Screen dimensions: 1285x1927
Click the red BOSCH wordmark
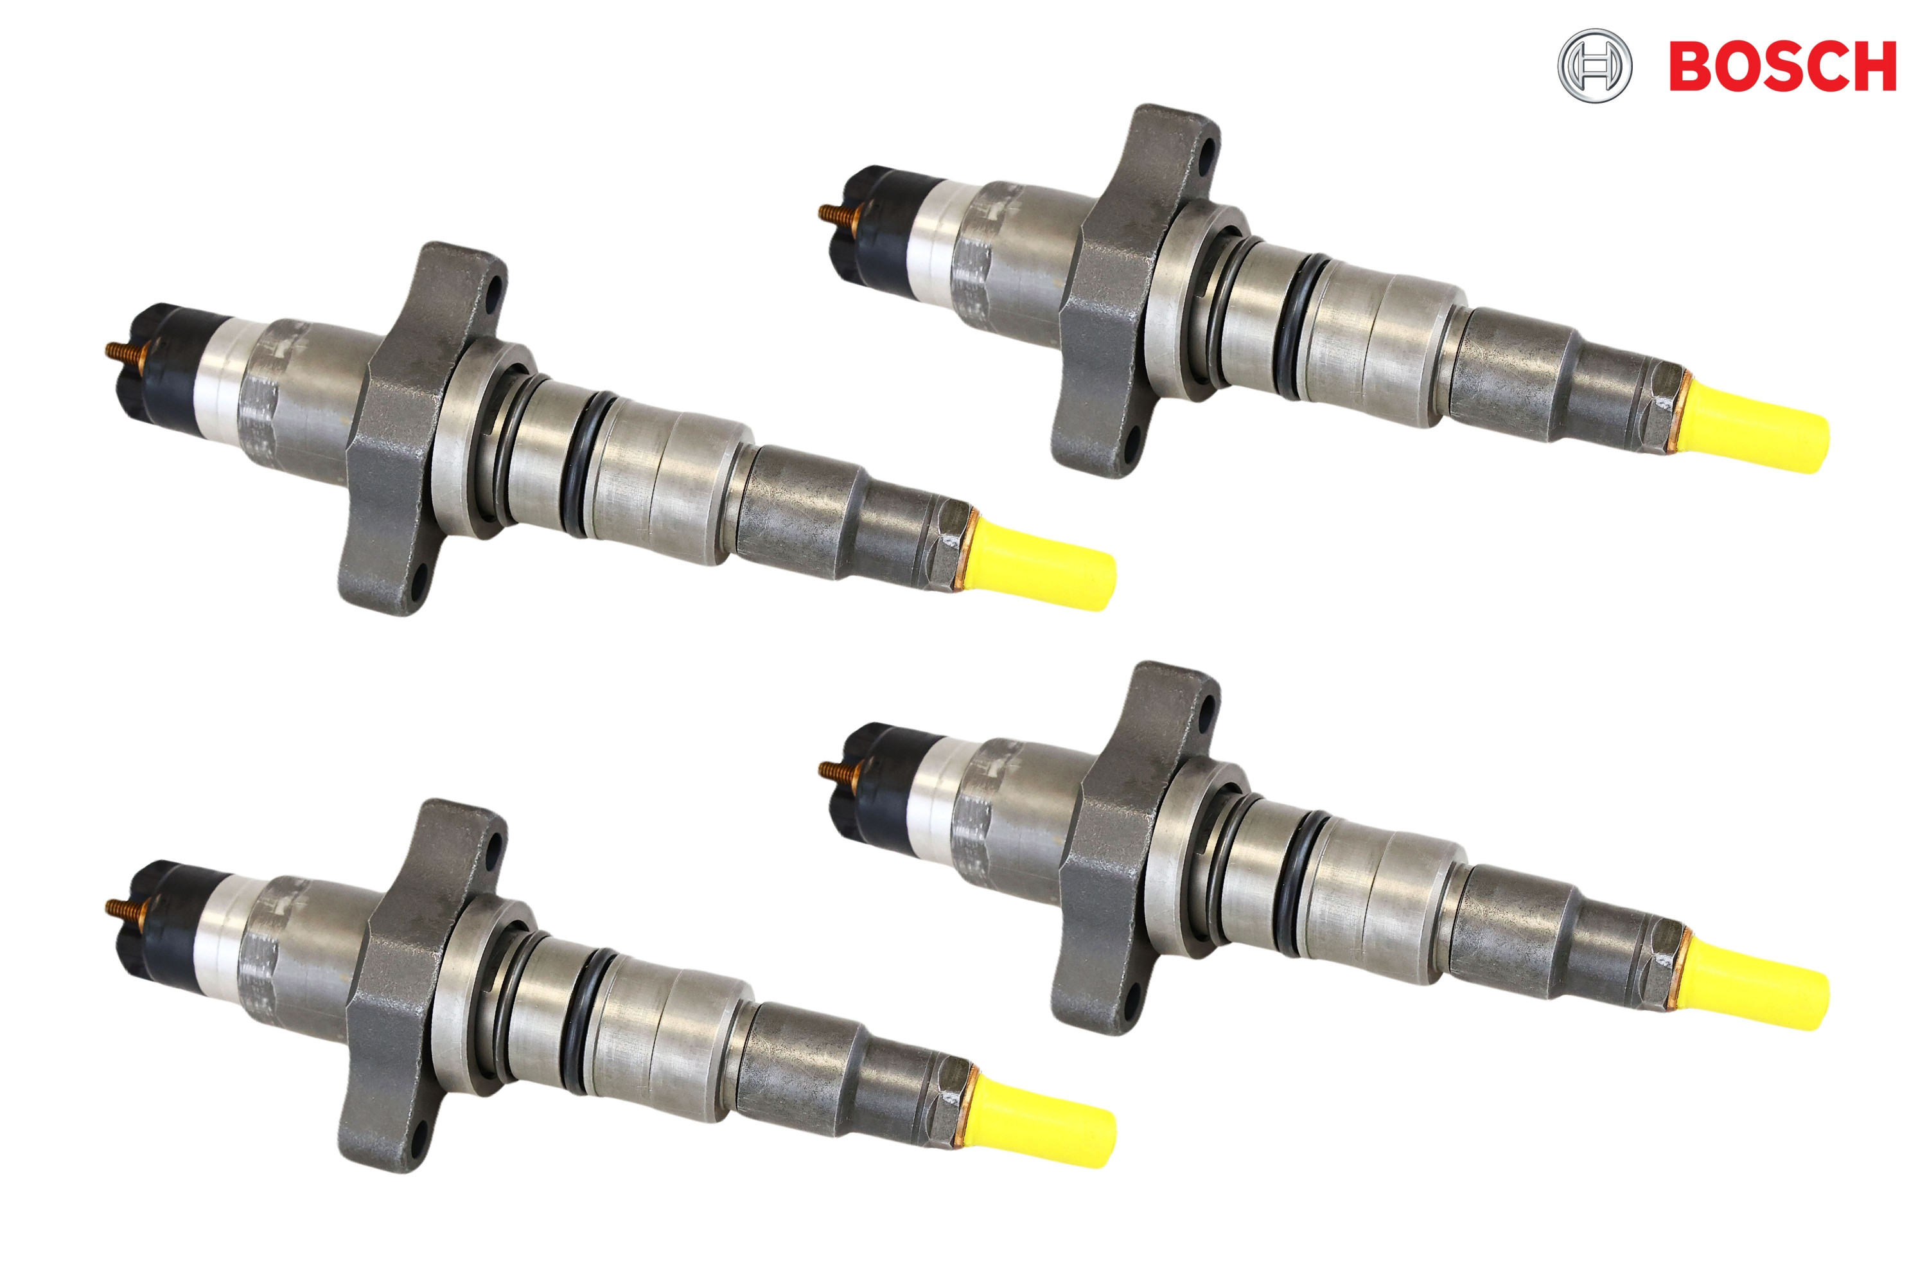tap(1782, 67)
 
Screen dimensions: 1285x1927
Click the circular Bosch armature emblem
tap(1594, 66)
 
